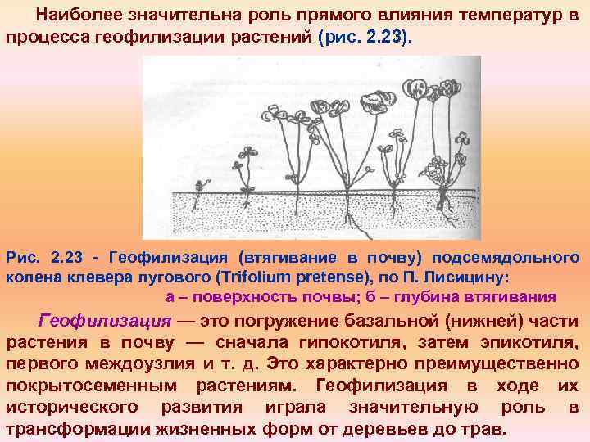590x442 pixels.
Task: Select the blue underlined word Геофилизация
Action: tap(105, 320)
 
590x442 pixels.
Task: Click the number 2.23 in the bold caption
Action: tap(67, 258)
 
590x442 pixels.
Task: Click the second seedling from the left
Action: tap(240, 172)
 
